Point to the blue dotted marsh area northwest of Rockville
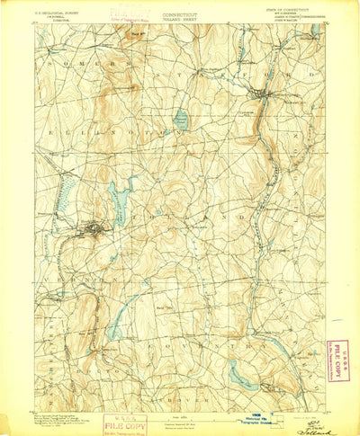[x=61, y=203]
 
